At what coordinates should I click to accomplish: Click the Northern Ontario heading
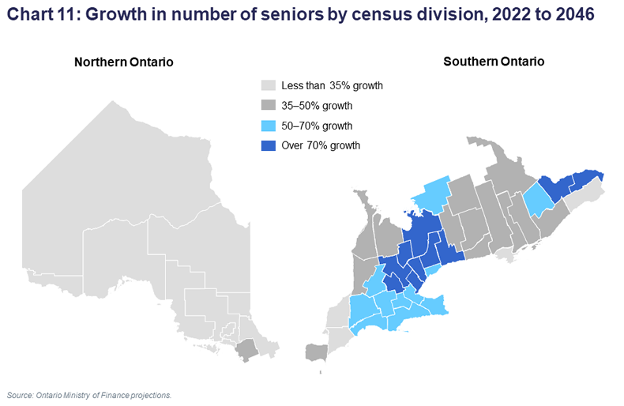[x=123, y=62]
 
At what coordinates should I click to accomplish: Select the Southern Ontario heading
[x=494, y=62]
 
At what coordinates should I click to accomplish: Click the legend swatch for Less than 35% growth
[x=269, y=85]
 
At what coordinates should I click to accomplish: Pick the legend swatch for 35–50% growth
[x=269, y=106]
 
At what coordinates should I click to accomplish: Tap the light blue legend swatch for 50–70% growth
[x=269, y=126]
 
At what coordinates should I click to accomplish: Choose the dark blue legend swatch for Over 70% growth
[x=269, y=145]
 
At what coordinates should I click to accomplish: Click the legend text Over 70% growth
[x=321, y=145]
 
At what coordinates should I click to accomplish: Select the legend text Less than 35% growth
[x=333, y=85]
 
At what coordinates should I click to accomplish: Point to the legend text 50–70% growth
[x=317, y=126]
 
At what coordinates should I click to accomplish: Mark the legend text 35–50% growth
[x=317, y=106]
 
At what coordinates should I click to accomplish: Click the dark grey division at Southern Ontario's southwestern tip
[x=317, y=352]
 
